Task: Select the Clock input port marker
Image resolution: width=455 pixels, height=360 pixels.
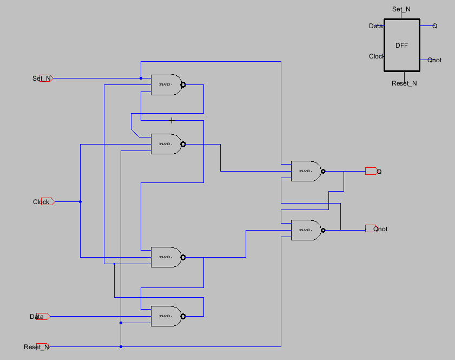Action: pos(45,202)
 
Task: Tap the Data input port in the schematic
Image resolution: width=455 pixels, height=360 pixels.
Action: pos(44,316)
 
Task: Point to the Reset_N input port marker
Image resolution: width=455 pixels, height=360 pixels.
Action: pos(43,346)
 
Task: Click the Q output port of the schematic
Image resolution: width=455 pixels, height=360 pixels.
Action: pos(371,171)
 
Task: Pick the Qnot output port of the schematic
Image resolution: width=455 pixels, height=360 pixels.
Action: pos(371,228)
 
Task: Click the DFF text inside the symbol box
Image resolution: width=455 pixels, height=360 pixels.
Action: pos(401,45)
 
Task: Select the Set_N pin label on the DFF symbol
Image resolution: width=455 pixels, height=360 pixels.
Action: pos(401,9)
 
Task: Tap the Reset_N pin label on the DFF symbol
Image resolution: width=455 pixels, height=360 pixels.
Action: pos(404,83)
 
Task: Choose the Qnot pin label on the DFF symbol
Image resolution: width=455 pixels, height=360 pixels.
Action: pos(434,60)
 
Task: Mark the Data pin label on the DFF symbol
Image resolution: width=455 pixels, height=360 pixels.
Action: pos(376,26)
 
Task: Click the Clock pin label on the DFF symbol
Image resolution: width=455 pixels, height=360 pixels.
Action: pos(377,56)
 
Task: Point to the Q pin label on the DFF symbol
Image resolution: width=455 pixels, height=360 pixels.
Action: pos(434,26)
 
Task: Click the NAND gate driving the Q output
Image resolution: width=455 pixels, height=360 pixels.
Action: pos(305,171)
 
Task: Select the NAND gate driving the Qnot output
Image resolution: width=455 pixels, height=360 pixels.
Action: pos(305,230)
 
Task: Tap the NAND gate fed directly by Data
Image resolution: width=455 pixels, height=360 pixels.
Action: pos(165,316)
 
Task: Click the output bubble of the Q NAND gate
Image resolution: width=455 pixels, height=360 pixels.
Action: pos(323,171)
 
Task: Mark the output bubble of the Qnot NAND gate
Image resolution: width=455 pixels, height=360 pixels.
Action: pos(323,230)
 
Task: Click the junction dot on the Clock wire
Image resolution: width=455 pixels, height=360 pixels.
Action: pos(80,202)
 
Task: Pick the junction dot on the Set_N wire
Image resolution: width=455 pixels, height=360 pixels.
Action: pos(141,78)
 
